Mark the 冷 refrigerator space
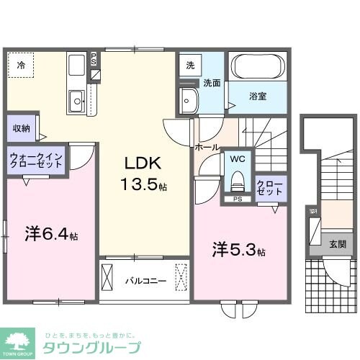point(22,65)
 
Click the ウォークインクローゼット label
point(36,159)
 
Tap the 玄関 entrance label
point(337,244)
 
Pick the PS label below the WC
point(236,199)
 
